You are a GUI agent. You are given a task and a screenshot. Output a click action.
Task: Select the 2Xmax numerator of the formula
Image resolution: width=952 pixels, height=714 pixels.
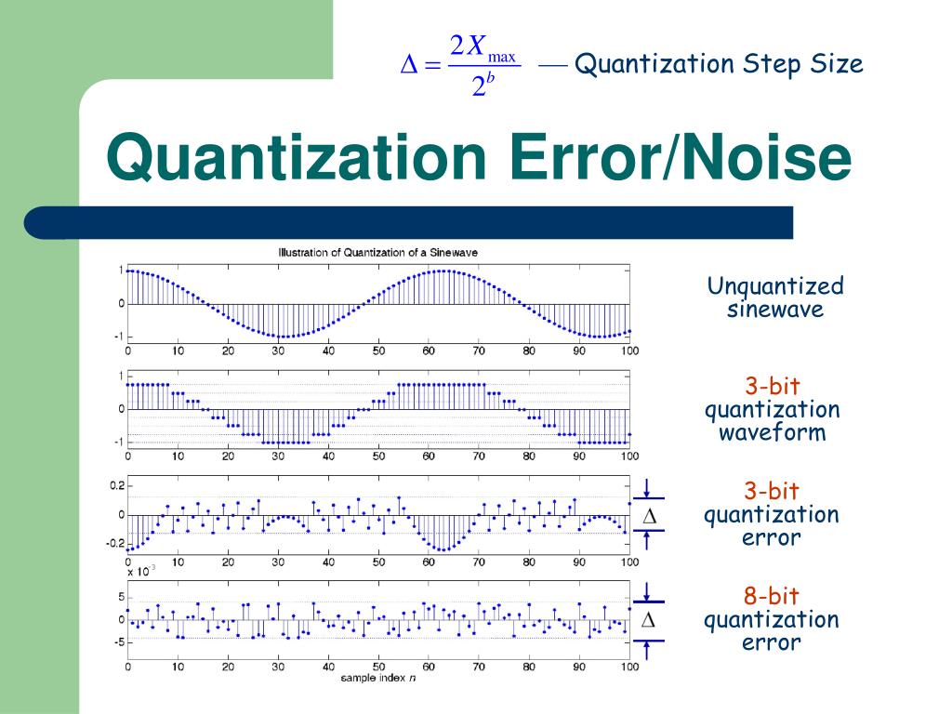coord(483,46)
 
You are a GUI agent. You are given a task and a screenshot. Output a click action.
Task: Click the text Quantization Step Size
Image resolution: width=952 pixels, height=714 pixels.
coord(719,64)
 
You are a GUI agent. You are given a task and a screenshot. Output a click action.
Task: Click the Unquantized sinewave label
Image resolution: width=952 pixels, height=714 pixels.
coord(774,297)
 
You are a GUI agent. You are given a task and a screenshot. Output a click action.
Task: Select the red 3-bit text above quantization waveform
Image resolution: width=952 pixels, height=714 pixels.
coord(772,386)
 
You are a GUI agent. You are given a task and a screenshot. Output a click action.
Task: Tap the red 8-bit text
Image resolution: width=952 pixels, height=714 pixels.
coord(772,596)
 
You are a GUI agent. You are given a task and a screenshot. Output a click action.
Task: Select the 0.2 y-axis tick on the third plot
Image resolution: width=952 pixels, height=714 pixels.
coord(116,485)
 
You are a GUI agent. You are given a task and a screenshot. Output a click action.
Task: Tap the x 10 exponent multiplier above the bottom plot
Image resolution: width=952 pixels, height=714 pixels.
coord(140,572)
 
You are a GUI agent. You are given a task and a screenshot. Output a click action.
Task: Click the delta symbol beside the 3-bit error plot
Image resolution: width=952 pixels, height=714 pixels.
coord(650,516)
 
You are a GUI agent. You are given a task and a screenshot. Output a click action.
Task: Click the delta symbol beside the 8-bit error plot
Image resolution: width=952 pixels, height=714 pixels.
coord(650,619)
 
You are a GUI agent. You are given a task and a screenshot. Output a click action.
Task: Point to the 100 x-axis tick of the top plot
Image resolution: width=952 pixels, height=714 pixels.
coord(629,351)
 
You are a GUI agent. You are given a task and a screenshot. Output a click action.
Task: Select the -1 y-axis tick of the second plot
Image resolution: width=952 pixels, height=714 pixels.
coord(118,442)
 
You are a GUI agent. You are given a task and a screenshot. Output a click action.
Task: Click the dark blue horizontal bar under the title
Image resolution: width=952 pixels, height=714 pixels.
coord(409,223)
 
